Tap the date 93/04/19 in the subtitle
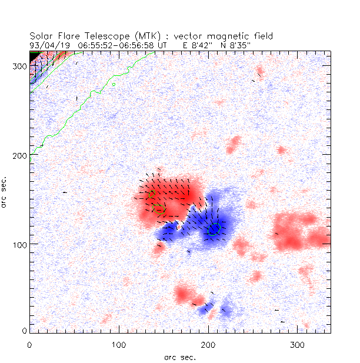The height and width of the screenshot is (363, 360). pyautogui.click(x=47, y=45)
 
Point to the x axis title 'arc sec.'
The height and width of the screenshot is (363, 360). pyautogui.click(x=180, y=357)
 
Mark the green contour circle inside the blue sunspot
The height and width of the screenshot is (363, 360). pyautogui.click(x=214, y=229)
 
